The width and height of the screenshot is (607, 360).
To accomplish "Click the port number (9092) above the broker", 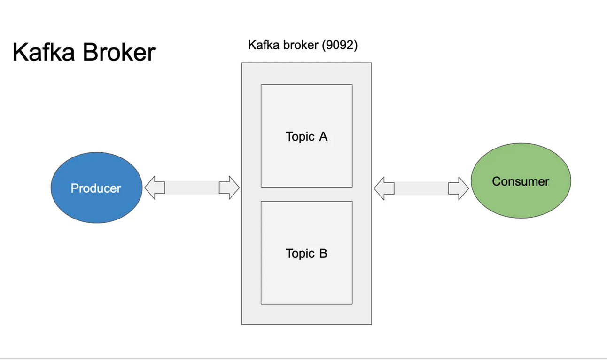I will tap(340, 46).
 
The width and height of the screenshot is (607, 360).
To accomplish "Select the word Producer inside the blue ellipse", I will tap(96, 188).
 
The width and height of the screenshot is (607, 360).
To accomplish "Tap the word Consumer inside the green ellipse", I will tap(521, 181).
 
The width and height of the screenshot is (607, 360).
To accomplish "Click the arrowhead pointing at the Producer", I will tap(154, 188).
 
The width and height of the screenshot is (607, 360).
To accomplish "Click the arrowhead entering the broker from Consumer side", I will tap(383, 188).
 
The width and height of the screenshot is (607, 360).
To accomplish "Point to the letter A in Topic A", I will tap(323, 137).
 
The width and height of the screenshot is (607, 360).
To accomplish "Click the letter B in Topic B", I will tap(323, 254).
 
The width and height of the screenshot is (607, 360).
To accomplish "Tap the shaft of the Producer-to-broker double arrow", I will tap(192, 188).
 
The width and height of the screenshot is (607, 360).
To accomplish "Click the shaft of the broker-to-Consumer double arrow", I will tap(421, 188).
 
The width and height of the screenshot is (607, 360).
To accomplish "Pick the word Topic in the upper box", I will tap(300, 137).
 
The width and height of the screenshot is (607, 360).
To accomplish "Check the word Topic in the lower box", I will tap(300, 254).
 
